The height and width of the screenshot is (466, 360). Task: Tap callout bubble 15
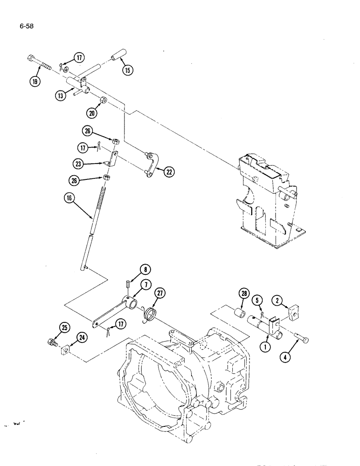tap(127, 70)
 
